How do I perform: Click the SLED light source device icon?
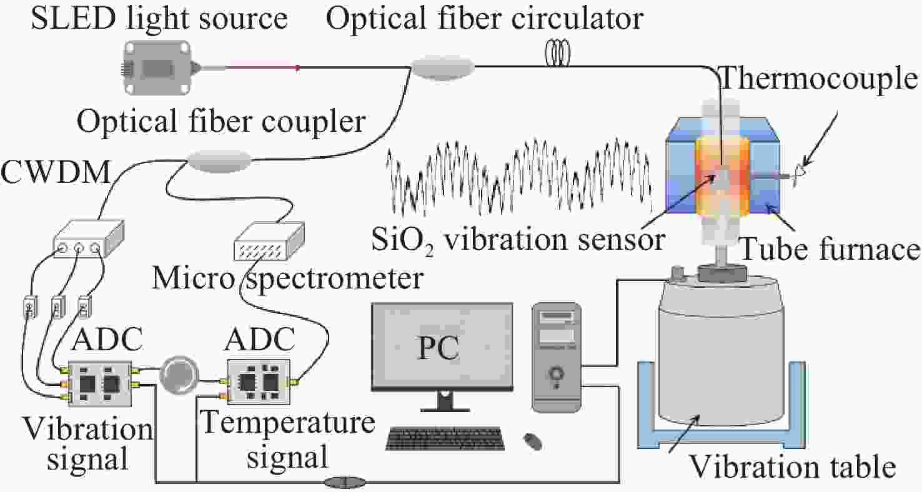(157, 66)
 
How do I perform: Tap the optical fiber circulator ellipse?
(442, 66)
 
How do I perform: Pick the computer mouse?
(532, 442)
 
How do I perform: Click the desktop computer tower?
(557, 357)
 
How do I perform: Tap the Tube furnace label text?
(829, 250)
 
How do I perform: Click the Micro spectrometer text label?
(287, 278)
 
